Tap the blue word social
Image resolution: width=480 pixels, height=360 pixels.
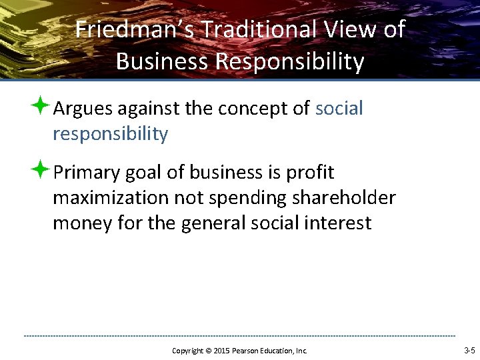click(339, 109)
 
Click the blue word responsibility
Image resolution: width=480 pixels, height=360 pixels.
click(110, 134)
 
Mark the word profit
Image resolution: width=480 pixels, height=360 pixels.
click(309, 173)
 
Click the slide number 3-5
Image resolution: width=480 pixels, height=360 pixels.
click(469, 351)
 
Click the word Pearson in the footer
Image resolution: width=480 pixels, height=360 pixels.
click(246, 351)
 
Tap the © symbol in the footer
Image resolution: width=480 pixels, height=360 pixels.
click(207, 351)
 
